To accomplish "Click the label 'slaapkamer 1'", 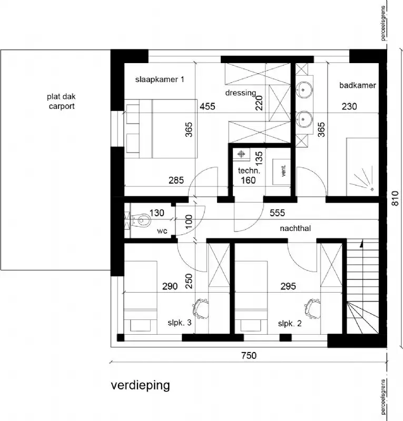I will pyautogui.click(x=160, y=79).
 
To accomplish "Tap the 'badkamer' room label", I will pyautogui.click(x=358, y=85).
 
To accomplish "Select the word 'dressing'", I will pyautogui.click(x=240, y=93).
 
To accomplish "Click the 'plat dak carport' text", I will pyautogui.click(x=60, y=101).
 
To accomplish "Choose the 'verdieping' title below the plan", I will pyautogui.click(x=140, y=385).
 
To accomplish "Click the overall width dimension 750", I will pyautogui.click(x=249, y=356).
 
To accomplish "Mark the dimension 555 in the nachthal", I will pyautogui.click(x=278, y=213).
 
